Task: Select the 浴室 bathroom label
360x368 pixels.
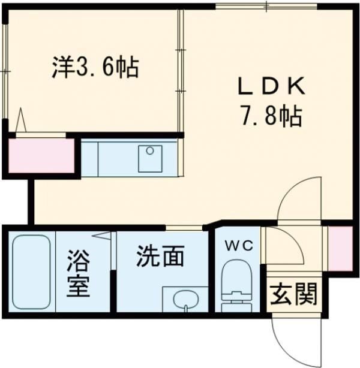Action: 78,273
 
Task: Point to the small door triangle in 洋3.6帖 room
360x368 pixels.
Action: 22,120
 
